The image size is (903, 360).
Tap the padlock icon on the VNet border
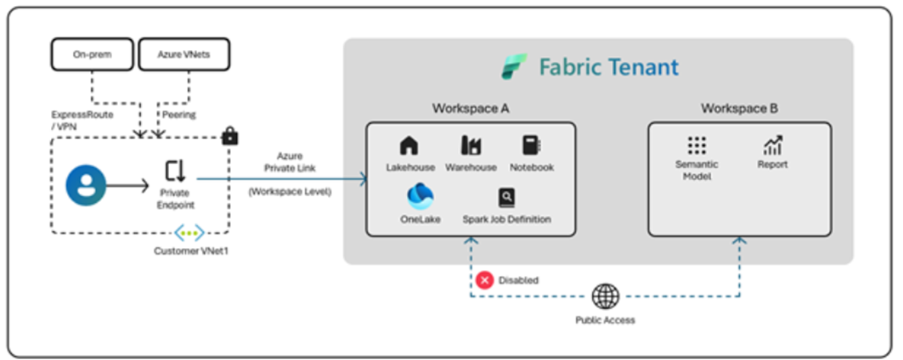coord(229,136)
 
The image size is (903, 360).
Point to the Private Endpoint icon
coord(174,172)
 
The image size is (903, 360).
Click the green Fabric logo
coord(514,67)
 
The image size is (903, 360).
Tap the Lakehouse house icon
coord(409,146)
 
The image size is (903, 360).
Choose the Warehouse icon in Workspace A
coord(471,146)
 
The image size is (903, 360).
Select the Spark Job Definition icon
coord(506,198)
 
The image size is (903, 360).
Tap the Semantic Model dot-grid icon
coord(697,145)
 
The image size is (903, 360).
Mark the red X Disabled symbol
coord(485,280)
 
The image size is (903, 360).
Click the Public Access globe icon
coord(605,296)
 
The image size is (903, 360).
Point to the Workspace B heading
coord(738,109)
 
